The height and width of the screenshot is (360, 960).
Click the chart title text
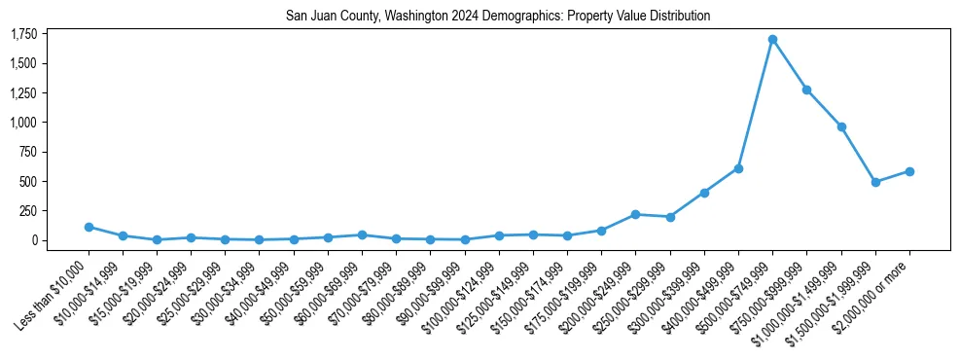[x=498, y=17]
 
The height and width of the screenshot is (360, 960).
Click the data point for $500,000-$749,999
[x=772, y=40]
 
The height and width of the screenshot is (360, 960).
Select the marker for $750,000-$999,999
[x=806, y=90]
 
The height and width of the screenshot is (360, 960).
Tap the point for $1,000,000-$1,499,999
[x=841, y=126]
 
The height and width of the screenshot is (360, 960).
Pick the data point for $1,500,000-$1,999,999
[x=875, y=182]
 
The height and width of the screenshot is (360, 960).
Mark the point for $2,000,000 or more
[x=909, y=171]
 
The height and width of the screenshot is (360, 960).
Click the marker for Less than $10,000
[x=89, y=227]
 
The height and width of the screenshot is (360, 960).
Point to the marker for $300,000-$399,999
[x=704, y=193]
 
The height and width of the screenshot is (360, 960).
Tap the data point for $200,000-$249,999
[x=635, y=214]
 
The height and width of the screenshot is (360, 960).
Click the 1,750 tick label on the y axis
[x=23, y=34]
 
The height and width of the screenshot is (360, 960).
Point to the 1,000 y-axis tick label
[x=23, y=123]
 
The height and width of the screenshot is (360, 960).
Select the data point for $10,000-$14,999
[x=123, y=235]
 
